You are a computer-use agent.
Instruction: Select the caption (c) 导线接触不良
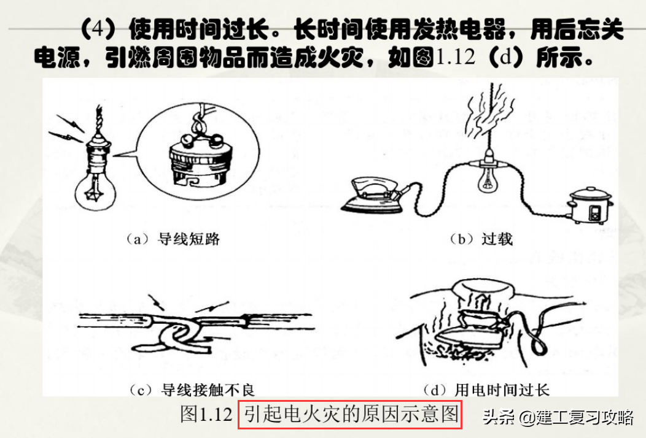192,389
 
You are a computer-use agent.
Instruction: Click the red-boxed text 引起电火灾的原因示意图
349,415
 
